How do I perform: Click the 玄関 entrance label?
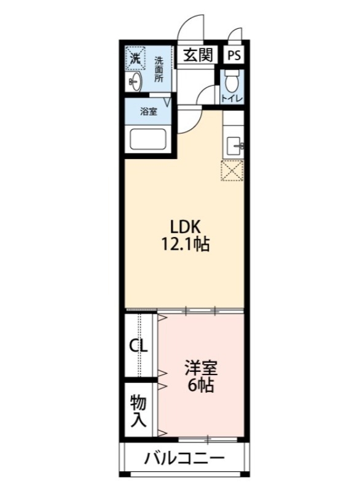(198, 55)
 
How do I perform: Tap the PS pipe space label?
(234, 55)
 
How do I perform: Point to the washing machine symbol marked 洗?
(135, 58)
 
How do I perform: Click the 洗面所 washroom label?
(158, 69)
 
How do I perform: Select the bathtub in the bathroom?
(151, 141)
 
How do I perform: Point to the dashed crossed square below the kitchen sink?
(232, 171)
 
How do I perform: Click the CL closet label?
(138, 346)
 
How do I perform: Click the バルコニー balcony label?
(184, 458)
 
